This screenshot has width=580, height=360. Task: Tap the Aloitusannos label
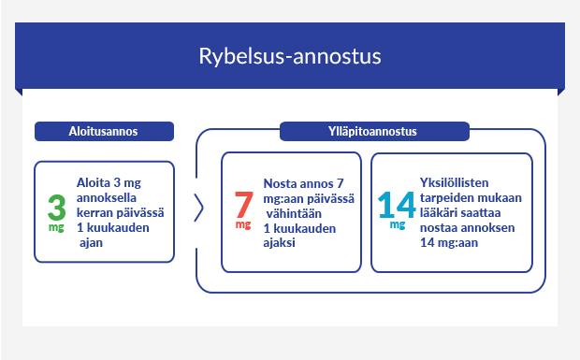[103, 132]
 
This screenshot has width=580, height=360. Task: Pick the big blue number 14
[397, 204]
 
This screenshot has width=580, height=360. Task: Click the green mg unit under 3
[56, 227]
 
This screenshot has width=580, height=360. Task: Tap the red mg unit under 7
[243, 225]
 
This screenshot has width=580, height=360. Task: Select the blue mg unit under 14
[398, 224]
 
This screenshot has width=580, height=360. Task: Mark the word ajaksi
[280, 243]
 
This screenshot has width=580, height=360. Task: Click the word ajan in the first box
[92, 243]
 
